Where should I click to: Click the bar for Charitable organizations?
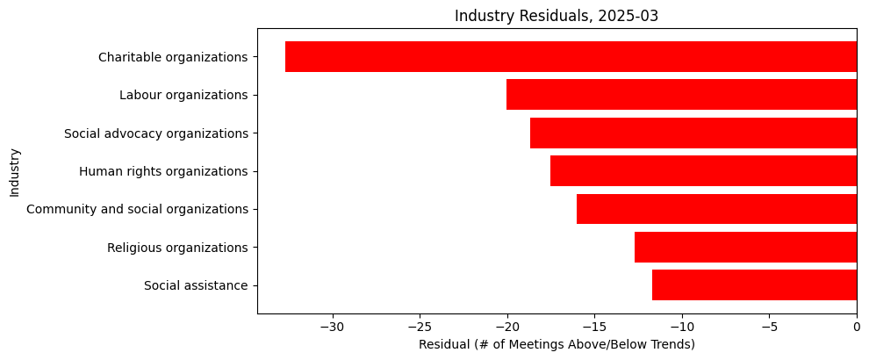[571, 57]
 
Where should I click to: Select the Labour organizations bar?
[681, 95]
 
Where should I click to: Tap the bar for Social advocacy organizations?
[693, 133]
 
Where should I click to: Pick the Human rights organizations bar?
[703, 171]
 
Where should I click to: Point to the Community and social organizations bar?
[716, 209]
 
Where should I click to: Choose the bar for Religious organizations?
[745, 248]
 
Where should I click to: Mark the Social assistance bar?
[754, 285]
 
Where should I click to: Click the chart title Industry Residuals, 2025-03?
[557, 16]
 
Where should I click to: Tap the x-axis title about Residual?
[557, 344]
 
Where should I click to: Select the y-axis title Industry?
[15, 172]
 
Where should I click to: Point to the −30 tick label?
[333, 327]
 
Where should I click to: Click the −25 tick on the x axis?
[420, 327]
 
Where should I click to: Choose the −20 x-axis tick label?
[507, 327]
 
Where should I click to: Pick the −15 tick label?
[594, 327]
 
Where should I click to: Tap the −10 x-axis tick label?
[682, 327]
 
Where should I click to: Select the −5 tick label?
[769, 327]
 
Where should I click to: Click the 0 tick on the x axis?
[857, 327]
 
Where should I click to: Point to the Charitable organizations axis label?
[173, 57]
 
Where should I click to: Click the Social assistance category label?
[196, 285]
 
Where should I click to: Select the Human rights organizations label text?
[163, 171]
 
